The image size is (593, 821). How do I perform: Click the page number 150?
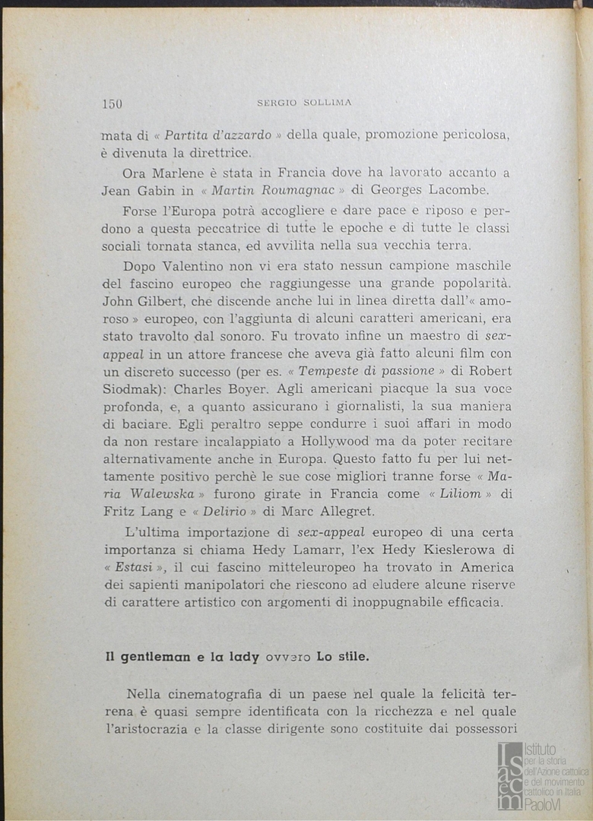tap(112, 104)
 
